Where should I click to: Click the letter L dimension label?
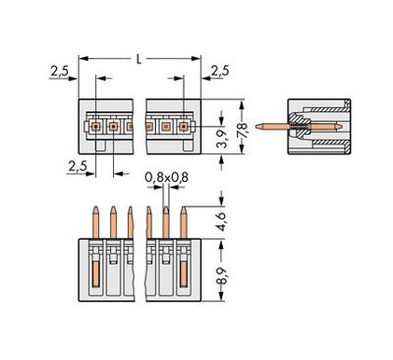pyautogui.click(x=140, y=59)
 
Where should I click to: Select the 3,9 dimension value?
pyautogui.click(x=223, y=139)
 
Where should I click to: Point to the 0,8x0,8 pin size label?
pyautogui.click(x=167, y=177)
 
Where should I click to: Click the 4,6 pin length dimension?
pyautogui.click(x=222, y=222)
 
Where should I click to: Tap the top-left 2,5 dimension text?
pyautogui.click(x=59, y=71)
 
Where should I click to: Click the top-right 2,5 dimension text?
pyautogui.click(x=220, y=71)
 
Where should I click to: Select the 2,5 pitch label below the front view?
pyautogui.click(x=78, y=166)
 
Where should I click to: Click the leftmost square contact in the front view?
pyautogui.click(x=95, y=126)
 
